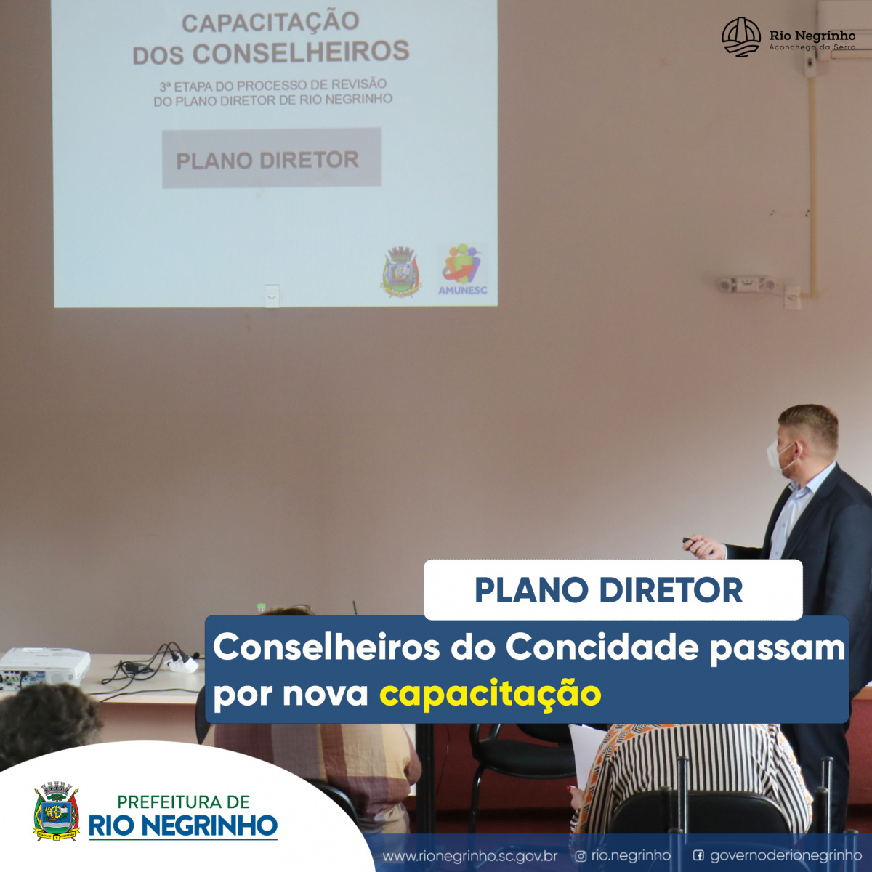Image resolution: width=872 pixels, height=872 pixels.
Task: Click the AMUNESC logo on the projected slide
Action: click(x=462, y=270)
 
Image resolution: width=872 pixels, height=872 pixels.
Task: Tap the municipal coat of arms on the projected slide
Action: click(x=400, y=272)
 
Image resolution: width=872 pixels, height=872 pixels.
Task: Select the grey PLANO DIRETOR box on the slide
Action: click(x=272, y=158)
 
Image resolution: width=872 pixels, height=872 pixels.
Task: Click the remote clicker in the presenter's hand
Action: click(x=690, y=540)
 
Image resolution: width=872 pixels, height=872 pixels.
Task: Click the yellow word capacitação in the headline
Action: click(x=490, y=694)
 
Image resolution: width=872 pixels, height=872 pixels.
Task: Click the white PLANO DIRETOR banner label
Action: click(x=613, y=589)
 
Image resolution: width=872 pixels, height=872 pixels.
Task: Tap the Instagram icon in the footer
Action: click(x=581, y=856)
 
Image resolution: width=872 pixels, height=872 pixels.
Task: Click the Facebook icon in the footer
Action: click(x=698, y=856)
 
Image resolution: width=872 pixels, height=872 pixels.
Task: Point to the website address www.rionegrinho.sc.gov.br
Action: click(x=469, y=856)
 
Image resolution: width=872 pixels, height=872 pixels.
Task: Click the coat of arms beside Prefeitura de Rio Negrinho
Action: click(x=57, y=810)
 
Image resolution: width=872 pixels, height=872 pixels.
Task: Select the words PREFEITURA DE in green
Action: click(x=184, y=802)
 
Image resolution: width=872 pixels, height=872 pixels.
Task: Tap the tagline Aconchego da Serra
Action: click(x=812, y=47)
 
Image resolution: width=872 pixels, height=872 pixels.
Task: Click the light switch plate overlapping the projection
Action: click(x=272, y=296)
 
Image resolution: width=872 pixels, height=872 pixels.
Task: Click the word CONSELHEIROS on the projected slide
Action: click(x=301, y=52)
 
